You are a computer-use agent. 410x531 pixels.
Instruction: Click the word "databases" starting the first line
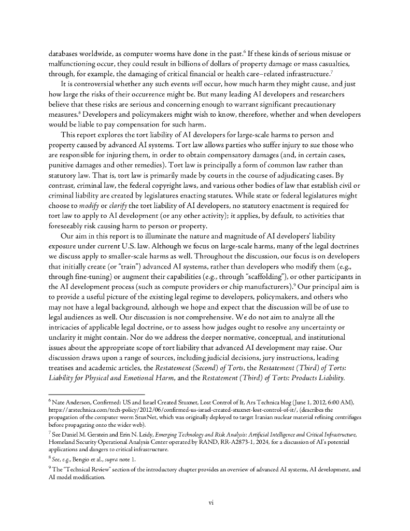click(66, 54)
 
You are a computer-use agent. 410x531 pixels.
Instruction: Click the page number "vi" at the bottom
click(205, 502)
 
